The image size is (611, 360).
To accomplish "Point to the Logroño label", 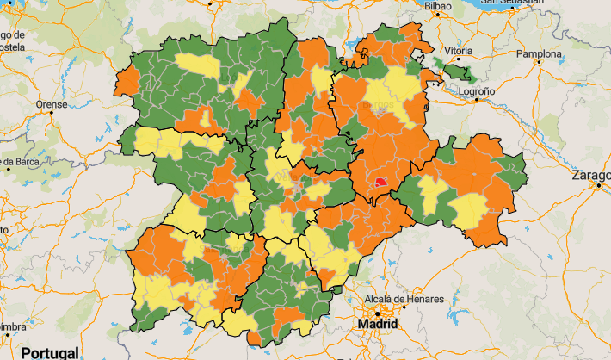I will pyautogui.click(x=477, y=90).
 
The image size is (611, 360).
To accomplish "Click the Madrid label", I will pyautogui.click(x=378, y=325).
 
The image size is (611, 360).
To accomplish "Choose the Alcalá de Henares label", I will pyautogui.click(x=404, y=299).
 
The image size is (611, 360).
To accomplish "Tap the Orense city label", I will pyautogui.click(x=51, y=104).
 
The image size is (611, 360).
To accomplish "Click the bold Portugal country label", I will pyautogui.click(x=50, y=352).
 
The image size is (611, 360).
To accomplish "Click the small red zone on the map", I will pyautogui.click(x=381, y=182).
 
